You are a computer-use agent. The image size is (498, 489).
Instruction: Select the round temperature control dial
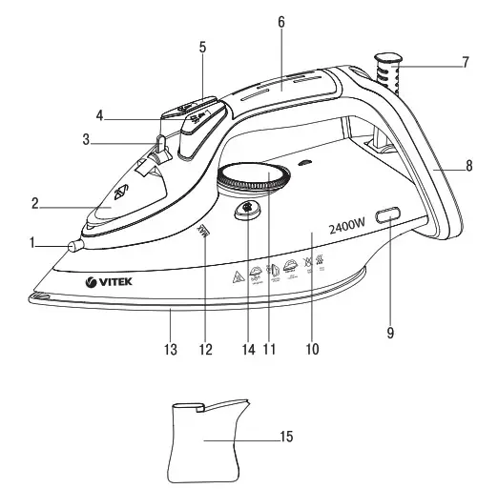tap(252, 178)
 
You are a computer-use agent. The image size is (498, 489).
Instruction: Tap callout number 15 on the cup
tap(285, 438)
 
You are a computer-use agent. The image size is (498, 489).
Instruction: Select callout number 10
tap(310, 350)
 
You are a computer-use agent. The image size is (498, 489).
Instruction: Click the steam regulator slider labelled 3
tap(160, 146)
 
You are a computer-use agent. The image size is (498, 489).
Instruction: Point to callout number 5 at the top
tap(201, 45)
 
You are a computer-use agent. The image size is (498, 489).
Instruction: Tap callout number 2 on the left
tap(34, 202)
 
